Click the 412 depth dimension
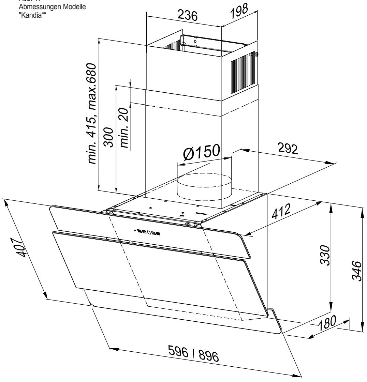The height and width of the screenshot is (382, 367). pos(281,213)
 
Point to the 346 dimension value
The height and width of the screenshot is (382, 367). pos(356,271)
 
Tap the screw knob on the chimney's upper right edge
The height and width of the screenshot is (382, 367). pos(256,54)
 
